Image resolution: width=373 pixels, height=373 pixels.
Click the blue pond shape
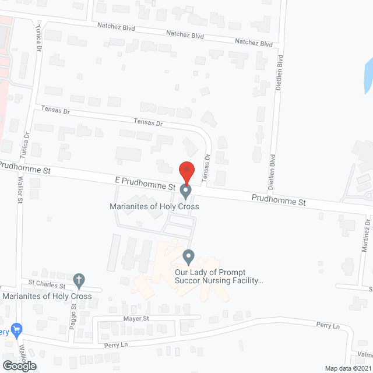pos(368,76)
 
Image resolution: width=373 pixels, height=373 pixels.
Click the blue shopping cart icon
pos(16,330)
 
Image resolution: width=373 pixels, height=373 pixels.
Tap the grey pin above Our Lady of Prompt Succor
pos(188,256)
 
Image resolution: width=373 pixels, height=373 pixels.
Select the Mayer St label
pos(136,319)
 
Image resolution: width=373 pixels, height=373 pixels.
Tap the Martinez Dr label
pos(365,235)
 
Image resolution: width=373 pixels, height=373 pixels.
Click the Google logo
pos(18,365)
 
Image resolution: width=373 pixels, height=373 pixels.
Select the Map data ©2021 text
pos(347,368)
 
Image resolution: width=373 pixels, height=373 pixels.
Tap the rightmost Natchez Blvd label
pos(254,43)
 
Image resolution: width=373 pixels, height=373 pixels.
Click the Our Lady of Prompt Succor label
pos(219,276)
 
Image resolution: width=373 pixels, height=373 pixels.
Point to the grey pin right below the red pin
pos(186,191)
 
